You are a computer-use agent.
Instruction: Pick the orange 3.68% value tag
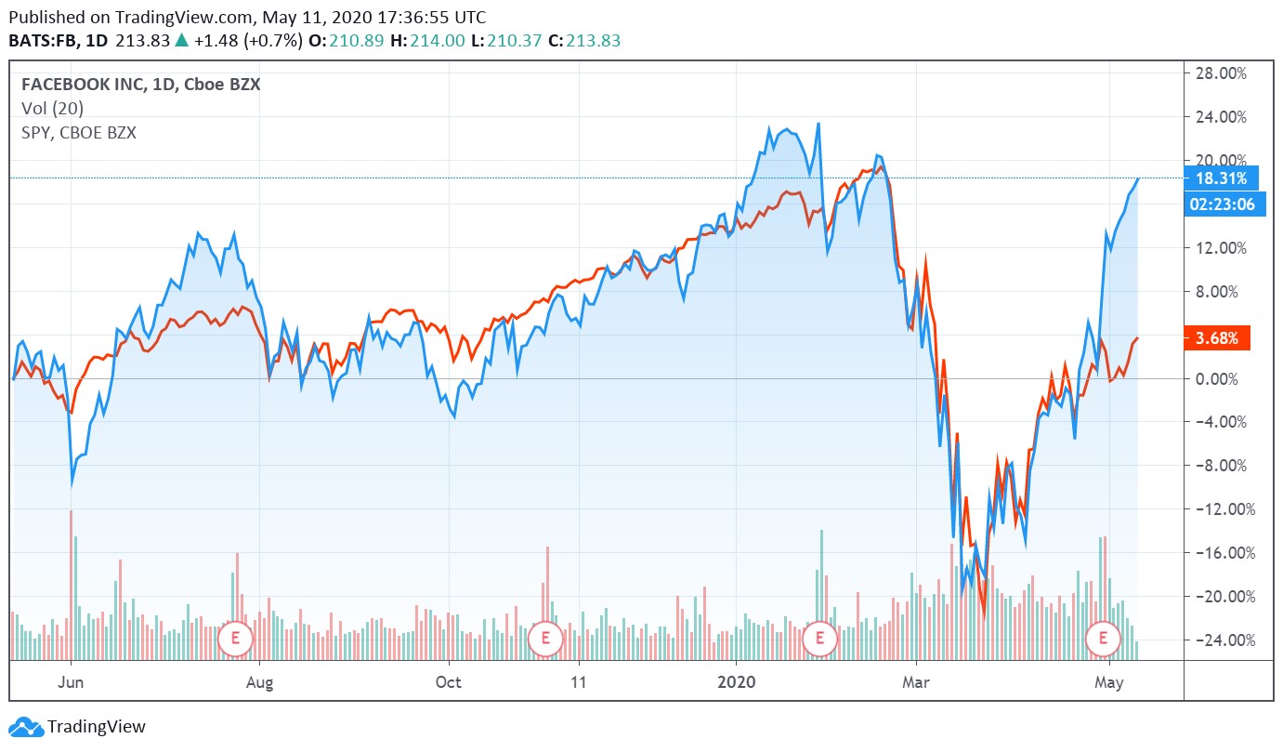pyautogui.click(x=1217, y=338)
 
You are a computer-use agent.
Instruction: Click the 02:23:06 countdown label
pyautogui.click(x=1224, y=205)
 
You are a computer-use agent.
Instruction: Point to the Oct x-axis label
pyautogui.click(x=448, y=681)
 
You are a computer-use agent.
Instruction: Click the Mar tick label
pyautogui.click(x=915, y=681)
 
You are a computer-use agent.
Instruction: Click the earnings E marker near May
pyautogui.click(x=1103, y=638)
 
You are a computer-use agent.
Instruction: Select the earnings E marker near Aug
pyautogui.click(x=235, y=639)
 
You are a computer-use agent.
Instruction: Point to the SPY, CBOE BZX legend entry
pyautogui.click(x=79, y=133)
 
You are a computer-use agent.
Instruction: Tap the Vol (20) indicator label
pyautogui.click(x=52, y=109)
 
